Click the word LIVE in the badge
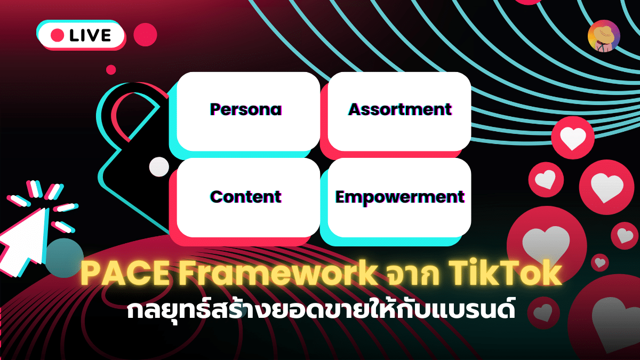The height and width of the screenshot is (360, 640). (90, 35)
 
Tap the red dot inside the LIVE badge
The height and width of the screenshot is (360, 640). (57, 35)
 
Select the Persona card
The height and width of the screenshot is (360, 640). (249, 111)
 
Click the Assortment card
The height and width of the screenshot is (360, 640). (399, 111)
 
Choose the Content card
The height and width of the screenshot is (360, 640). (249, 197)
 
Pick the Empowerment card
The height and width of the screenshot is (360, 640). (399, 197)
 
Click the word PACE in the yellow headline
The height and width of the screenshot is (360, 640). (125, 274)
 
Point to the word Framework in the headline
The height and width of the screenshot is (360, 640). (277, 274)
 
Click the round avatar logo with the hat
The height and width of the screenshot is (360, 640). (604, 36)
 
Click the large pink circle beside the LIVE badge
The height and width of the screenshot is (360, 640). (146, 35)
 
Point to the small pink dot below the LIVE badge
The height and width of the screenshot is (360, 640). (111, 70)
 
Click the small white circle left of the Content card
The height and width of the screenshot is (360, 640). (159, 167)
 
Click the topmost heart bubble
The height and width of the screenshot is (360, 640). (573, 138)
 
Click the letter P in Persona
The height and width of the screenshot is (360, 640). (215, 109)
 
